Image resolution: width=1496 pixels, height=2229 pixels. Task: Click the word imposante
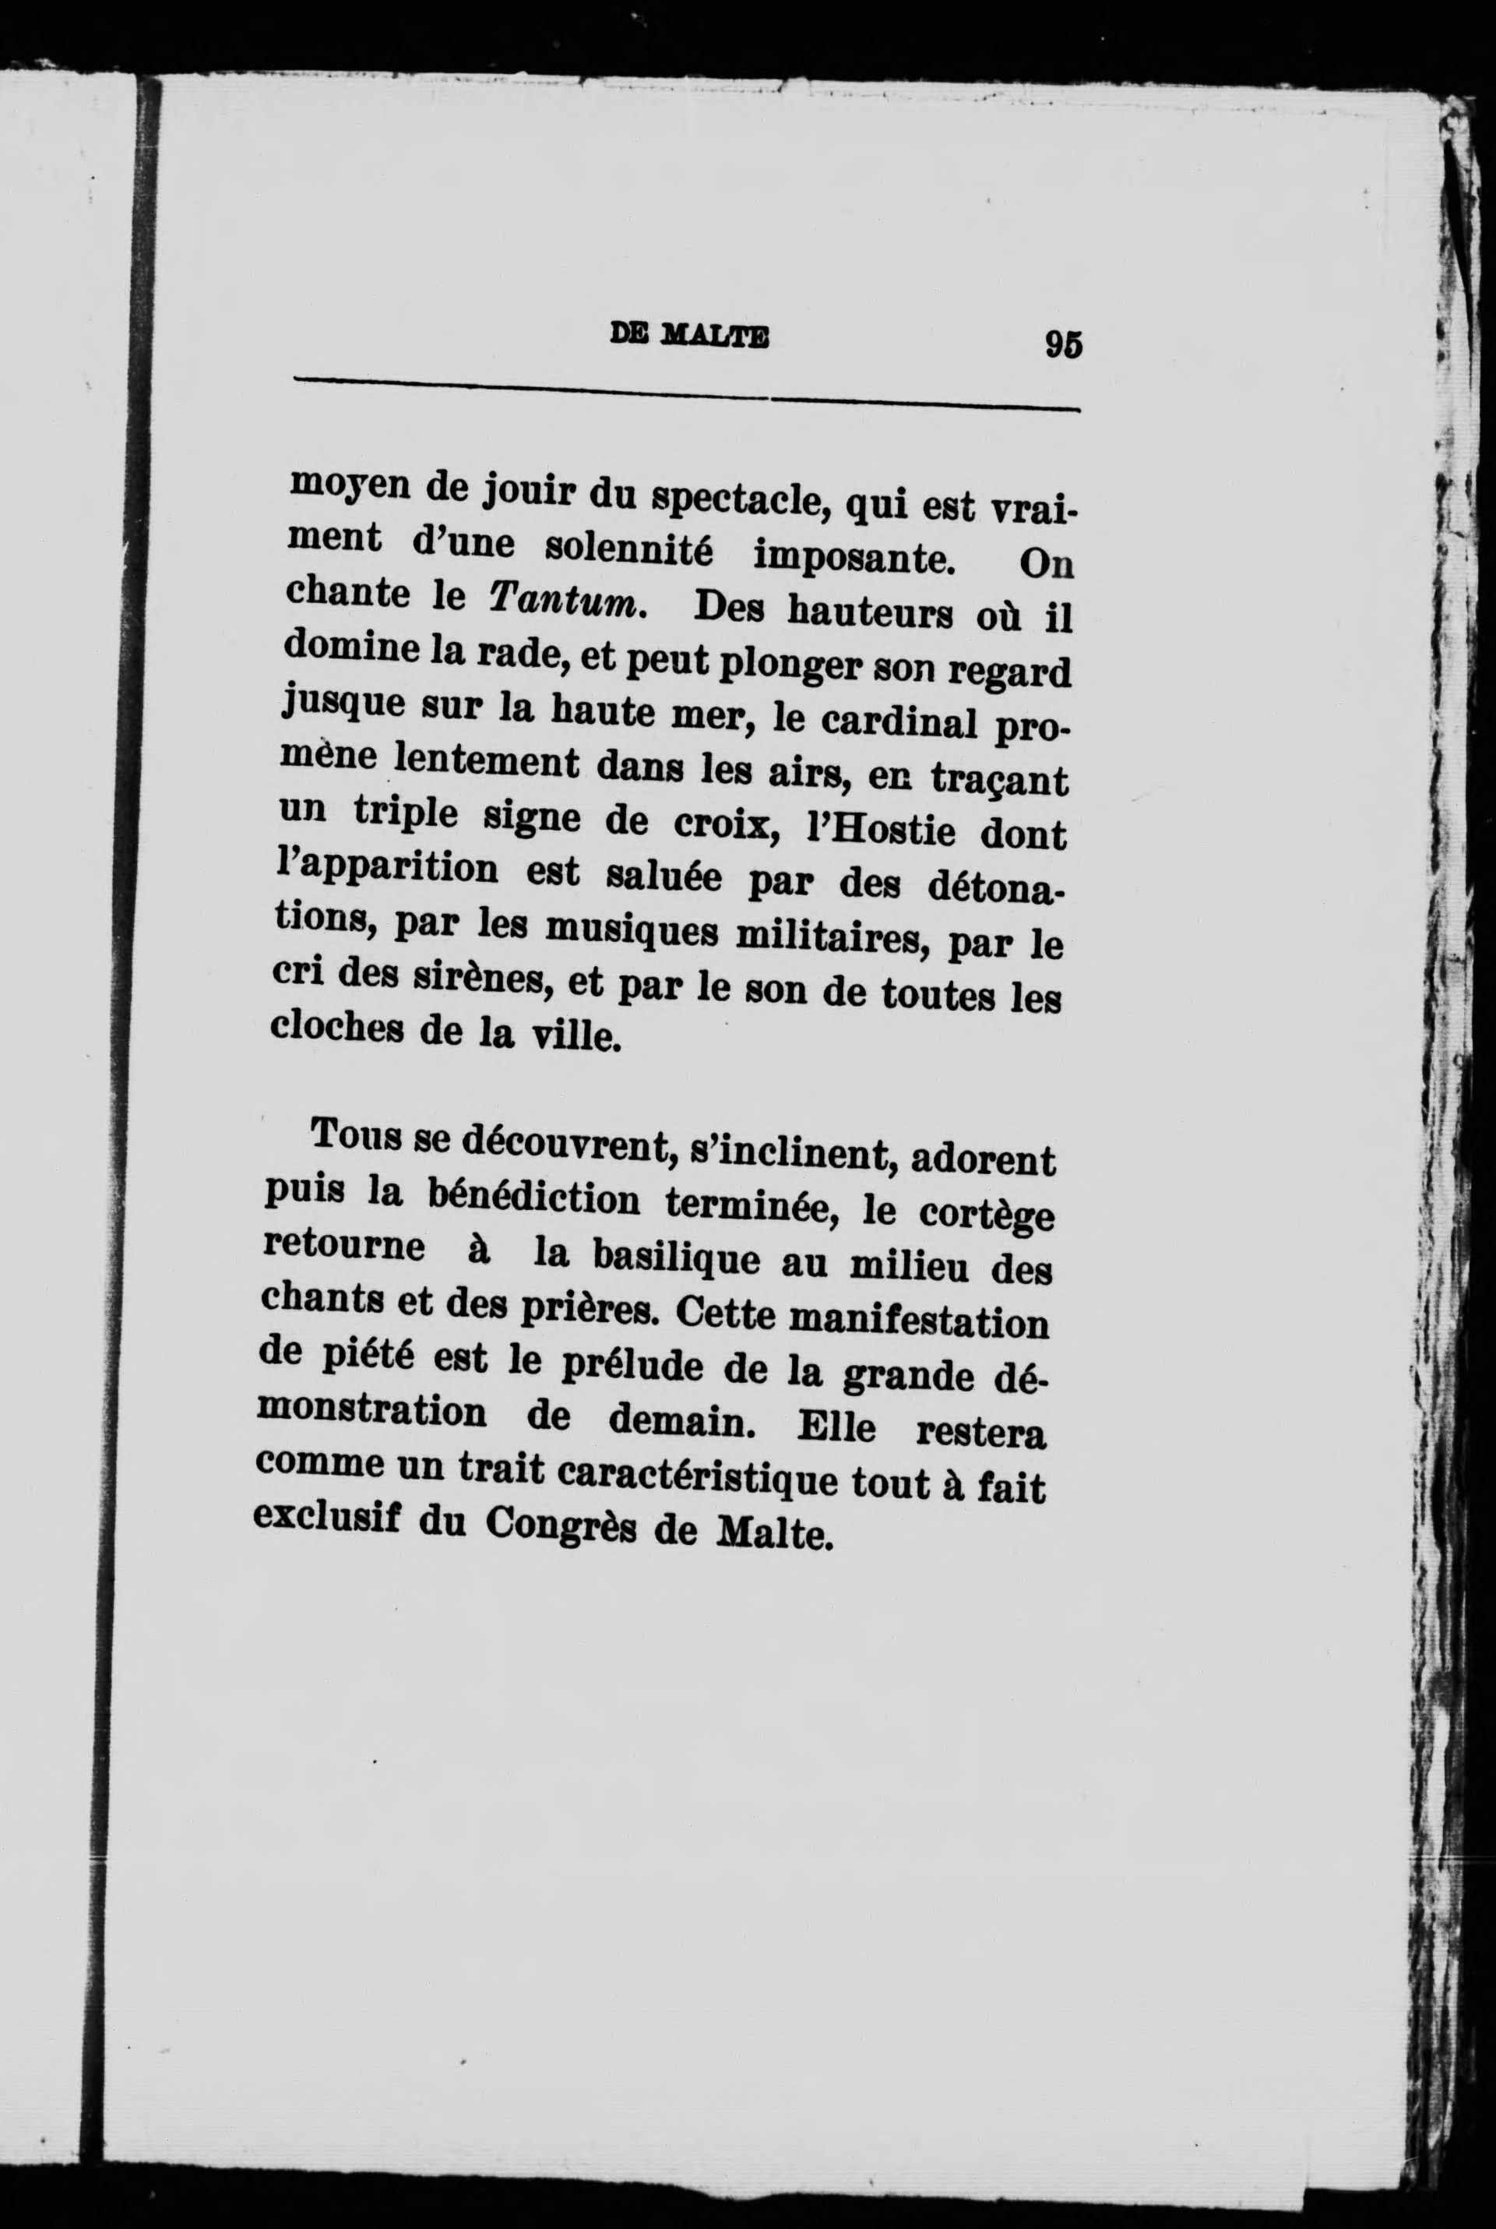point(854,556)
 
